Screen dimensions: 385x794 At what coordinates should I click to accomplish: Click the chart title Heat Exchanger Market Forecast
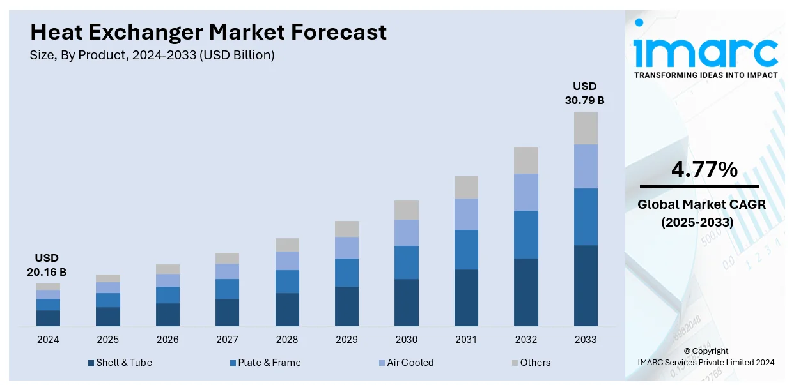[208, 32]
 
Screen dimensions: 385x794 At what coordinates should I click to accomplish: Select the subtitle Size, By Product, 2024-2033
[152, 56]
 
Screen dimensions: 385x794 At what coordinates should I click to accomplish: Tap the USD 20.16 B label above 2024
[46, 265]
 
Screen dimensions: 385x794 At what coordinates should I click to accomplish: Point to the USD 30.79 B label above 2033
[584, 93]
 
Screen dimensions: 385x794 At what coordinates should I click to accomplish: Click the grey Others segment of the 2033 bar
[586, 128]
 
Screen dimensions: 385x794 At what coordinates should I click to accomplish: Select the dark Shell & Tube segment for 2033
[586, 285]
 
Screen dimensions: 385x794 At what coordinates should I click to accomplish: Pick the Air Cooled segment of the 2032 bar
[526, 192]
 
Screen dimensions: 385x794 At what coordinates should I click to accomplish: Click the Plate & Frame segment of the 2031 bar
[466, 250]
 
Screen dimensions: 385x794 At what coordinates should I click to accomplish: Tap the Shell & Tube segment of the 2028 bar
[287, 310]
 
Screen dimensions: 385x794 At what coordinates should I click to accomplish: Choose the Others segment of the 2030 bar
[407, 210]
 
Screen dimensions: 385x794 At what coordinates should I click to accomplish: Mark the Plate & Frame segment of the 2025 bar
[108, 300]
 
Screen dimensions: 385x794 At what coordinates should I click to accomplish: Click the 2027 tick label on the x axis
[227, 340]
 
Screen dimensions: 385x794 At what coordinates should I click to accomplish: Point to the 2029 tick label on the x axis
[346, 340]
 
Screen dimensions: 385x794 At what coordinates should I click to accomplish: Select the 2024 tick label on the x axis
[48, 340]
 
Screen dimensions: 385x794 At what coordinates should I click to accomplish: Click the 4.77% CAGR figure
[704, 169]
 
